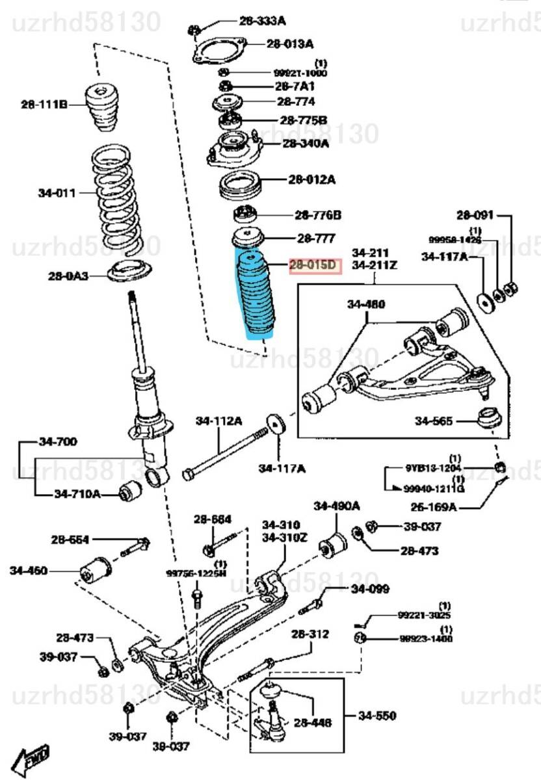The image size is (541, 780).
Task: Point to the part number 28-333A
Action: coord(262,21)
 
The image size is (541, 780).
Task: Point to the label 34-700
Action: coord(58,442)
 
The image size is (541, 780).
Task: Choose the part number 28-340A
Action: coord(306,143)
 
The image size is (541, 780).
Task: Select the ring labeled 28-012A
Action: coord(240,185)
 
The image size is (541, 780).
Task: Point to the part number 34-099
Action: coord(370,590)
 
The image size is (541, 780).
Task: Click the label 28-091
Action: coord(475,214)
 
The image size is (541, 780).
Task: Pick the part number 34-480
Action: coord(365,304)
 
